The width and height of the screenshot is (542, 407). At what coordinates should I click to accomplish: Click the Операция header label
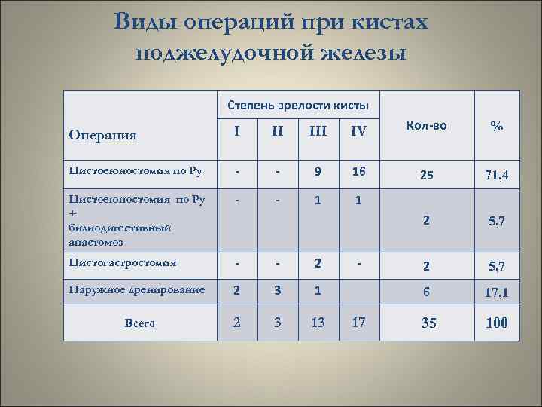click(x=102, y=135)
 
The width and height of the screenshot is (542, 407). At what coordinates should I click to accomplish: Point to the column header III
click(x=318, y=130)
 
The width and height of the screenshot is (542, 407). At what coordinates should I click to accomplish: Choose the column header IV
click(x=358, y=130)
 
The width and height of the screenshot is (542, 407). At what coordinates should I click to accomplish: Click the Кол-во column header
click(x=426, y=126)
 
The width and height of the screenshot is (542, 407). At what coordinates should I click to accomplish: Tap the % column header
click(x=496, y=127)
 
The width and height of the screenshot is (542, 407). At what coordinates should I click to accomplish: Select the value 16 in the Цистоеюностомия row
click(x=358, y=171)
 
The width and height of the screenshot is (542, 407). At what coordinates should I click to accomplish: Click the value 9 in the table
click(x=318, y=171)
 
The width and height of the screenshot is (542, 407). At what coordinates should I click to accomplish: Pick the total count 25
click(x=426, y=176)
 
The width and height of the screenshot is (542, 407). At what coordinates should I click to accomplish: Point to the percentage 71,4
click(x=496, y=176)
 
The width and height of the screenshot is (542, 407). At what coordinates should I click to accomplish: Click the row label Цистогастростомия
click(x=123, y=263)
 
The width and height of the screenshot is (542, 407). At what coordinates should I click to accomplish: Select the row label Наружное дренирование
click(x=135, y=289)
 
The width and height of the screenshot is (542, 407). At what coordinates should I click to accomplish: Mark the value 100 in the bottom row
click(x=496, y=323)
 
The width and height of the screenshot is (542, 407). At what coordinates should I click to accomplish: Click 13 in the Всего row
click(x=318, y=323)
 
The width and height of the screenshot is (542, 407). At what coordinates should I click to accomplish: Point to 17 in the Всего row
click(x=358, y=323)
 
